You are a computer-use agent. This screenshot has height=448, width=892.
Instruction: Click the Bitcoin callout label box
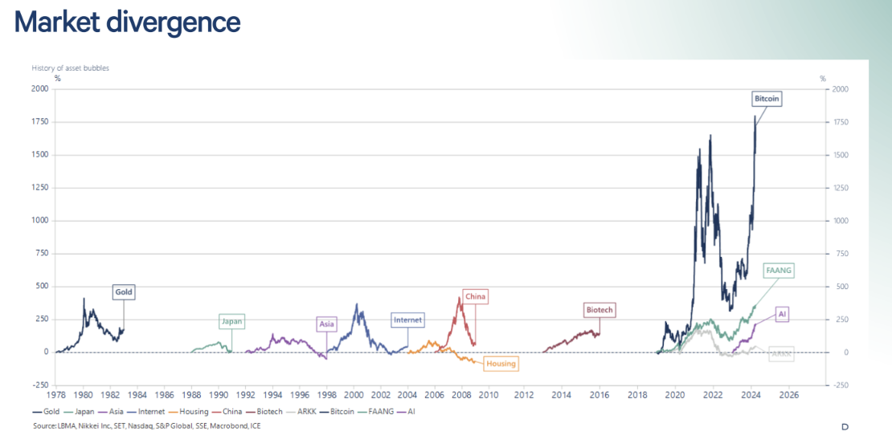(x=767, y=100)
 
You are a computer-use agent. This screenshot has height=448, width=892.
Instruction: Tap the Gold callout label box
(x=123, y=292)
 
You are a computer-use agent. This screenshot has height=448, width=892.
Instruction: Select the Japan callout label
(x=231, y=321)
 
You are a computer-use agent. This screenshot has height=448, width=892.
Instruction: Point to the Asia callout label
(x=326, y=324)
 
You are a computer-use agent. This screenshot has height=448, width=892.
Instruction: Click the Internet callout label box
(x=407, y=320)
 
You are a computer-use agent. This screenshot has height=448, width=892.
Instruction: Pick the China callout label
(x=476, y=296)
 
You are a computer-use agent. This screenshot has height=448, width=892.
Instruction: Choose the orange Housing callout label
(x=501, y=364)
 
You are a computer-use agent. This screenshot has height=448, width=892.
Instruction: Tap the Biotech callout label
(x=599, y=310)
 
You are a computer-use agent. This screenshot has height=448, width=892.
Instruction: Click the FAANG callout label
(x=779, y=271)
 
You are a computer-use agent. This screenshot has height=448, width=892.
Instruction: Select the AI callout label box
(x=782, y=314)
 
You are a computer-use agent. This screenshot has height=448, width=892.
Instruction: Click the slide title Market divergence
(x=128, y=22)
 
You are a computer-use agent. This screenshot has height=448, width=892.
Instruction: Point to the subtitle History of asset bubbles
(x=71, y=68)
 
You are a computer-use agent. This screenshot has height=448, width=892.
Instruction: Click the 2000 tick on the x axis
(x=354, y=395)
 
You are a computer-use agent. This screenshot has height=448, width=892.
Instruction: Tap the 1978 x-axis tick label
(x=56, y=395)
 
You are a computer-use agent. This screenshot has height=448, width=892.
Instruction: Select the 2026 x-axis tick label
(x=788, y=395)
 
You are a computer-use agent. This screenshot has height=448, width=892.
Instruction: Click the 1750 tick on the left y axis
(x=39, y=122)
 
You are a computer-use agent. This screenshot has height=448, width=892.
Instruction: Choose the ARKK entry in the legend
(x=301, y=411)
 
